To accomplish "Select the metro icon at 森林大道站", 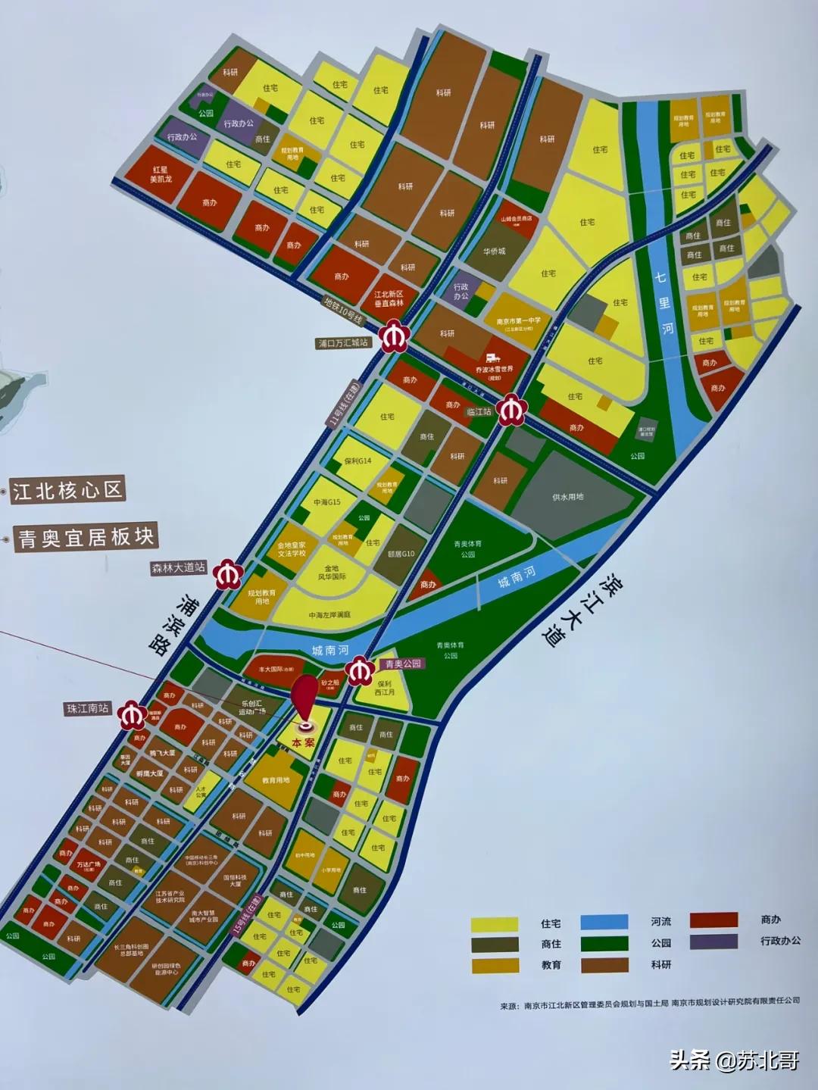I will pos(226,574).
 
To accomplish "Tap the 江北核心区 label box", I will pos(67,490).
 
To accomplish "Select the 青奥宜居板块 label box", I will pos(86,537).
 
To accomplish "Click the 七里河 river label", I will pos(664,303).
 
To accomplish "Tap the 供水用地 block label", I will pos(567,497).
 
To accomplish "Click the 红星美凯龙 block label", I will pos(161,174).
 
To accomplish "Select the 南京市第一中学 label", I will pos(519,322).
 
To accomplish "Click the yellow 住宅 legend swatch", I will pos(495,924).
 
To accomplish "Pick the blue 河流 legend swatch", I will pos(604,922).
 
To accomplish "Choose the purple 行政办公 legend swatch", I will pos(713,942).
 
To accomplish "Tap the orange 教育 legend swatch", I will pos(495,965).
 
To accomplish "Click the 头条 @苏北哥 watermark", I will pos(734,1060).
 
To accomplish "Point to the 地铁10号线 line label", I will pos(343,311).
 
